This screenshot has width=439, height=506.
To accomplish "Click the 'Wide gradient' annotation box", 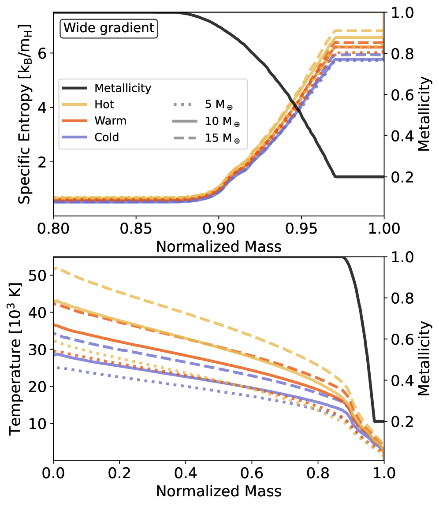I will pos(109,28).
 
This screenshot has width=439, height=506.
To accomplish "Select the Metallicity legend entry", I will pos(123,88).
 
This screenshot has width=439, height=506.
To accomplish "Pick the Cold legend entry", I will pos(106,137).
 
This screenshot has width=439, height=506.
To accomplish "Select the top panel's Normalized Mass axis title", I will pos(218,246).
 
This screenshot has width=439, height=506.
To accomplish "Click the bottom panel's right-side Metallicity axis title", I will pos(424,357).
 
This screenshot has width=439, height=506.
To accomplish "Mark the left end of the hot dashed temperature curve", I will pos(54,268).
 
